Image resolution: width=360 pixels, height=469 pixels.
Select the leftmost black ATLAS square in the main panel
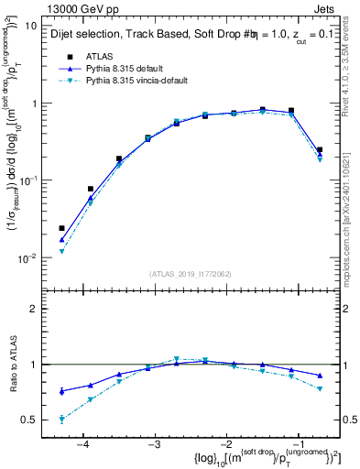pyautogui.click(x=62, y=228)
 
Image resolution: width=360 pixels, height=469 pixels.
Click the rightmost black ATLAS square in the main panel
pyautogui.click(x=319, y=149)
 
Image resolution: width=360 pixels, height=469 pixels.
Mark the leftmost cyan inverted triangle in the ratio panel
pyautogui.click(x=62, y=420)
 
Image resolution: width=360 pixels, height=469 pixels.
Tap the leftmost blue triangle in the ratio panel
pyautogui.click(x=62, y=391)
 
